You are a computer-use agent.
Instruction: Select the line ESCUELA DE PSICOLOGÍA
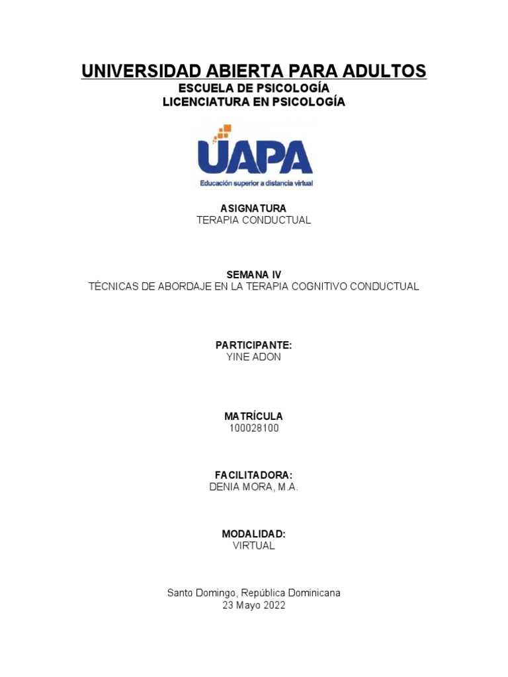(254, 88)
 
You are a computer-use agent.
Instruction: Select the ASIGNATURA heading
(253, 208)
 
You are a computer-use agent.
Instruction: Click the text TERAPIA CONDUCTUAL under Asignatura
(254, 220)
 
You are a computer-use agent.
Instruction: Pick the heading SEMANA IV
(254, 274)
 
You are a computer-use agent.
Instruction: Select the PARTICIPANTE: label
(254, 345)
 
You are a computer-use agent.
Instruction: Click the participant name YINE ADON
(254, 357)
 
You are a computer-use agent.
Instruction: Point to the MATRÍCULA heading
(253, 416)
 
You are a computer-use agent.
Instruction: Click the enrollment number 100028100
(254, 428)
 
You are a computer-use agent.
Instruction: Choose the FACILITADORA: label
(254, 475)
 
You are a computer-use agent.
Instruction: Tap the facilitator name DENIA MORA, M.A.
(254, 487)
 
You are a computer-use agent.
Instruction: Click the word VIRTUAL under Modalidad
(254, 546)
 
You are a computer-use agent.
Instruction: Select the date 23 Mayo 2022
(254, 605)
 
